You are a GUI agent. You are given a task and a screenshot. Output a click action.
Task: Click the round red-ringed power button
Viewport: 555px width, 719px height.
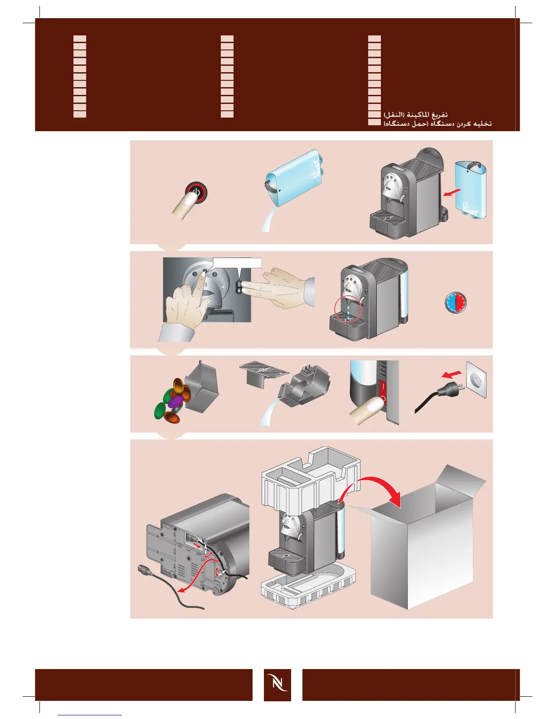(x=198, y=193)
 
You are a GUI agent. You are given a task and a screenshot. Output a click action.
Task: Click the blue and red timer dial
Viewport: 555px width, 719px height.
(x=456, y=302)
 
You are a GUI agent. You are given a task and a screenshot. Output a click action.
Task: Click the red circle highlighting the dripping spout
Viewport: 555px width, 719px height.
(x=348, y=310)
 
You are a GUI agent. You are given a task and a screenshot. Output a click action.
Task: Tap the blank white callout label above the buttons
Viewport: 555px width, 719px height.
(x=237, y=263)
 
